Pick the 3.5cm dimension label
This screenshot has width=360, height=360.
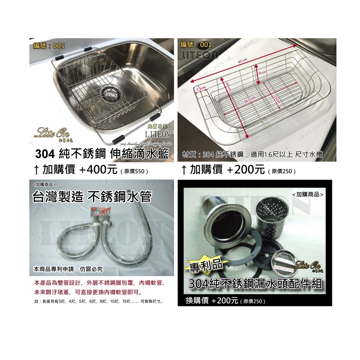pos(201,89)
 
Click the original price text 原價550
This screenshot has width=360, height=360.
pos(134,172)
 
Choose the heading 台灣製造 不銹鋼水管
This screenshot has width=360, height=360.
pos(91,197)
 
